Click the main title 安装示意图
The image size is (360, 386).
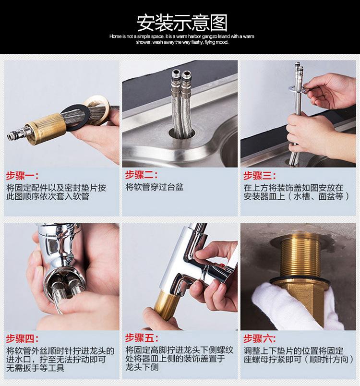182,23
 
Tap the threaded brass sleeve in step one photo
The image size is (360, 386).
46,129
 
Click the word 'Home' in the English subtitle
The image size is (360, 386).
115,36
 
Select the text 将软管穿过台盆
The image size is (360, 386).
154,187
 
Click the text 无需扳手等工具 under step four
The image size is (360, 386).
36,368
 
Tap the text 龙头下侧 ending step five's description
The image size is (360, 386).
142,367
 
